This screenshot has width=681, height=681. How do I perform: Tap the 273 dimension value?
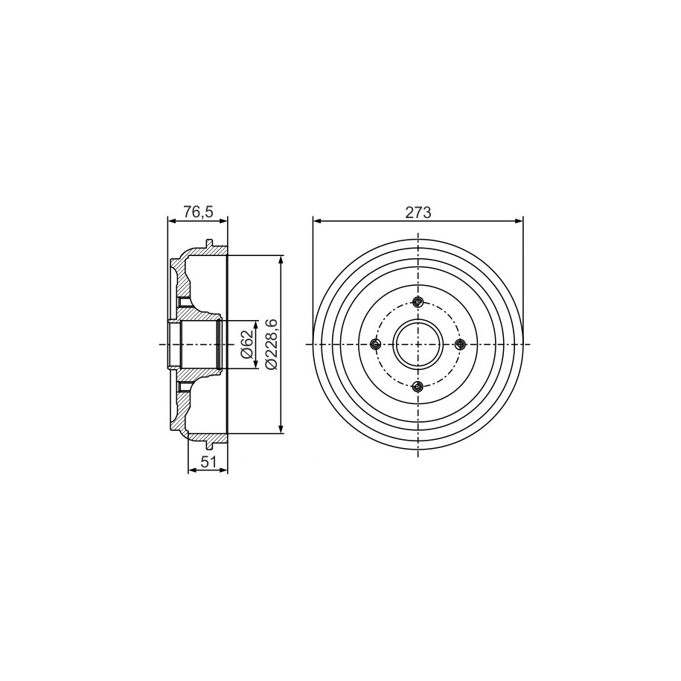click(x=418, y=213)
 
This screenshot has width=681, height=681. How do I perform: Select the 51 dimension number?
click(x=208, y=462)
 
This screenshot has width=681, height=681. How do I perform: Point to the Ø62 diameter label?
click(x=246, y=345)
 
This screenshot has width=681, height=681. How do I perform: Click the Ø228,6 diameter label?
click(x=271, y=344)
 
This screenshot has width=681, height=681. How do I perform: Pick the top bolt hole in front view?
click(x=418, y=302)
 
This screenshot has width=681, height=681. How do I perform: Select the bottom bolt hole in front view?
click(x=418, y=386)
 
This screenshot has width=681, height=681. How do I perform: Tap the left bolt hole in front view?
click(x=375, y=345)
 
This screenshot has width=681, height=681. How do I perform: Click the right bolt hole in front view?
click(x=460, y=345)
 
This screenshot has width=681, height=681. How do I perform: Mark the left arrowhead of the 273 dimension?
click(x=316, y=222)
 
